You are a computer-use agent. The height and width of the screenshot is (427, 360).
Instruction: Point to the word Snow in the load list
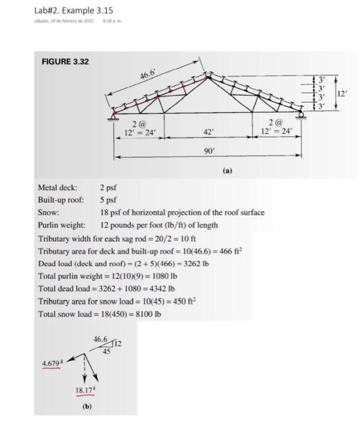coord(48,212)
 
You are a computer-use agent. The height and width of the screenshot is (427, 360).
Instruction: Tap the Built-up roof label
coord(62,200)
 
